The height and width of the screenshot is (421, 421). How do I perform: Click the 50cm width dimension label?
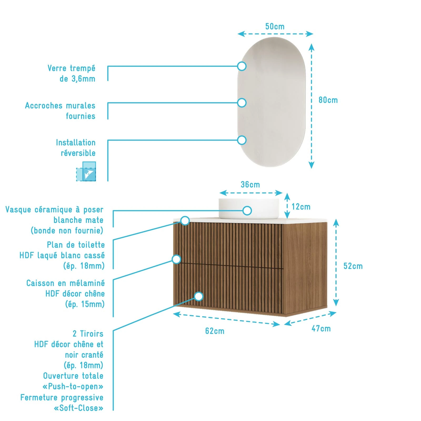(275, 26)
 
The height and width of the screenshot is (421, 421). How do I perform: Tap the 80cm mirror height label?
(328, 100)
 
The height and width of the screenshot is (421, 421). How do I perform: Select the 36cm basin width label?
(250, 184)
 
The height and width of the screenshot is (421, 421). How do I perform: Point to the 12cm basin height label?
(301, 207)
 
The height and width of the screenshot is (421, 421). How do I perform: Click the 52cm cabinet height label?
(353, 266)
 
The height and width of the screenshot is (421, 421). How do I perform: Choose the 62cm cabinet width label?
(215, 331)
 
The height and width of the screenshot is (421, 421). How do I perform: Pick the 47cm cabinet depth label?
(321, 328)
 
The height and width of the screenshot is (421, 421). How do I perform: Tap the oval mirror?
(272, 102)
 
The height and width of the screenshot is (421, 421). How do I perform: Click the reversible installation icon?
(86, 171)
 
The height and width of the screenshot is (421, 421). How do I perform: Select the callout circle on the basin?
(247, 210)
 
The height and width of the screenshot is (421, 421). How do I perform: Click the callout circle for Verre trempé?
(242, 66)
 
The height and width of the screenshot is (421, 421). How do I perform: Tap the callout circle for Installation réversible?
(242, 140)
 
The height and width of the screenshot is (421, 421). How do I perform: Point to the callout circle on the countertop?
(185, 220)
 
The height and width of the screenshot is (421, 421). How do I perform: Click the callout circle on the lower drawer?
(199, 296)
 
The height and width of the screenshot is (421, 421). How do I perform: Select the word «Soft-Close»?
(78, 408)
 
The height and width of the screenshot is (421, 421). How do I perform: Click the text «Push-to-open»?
(73, 386)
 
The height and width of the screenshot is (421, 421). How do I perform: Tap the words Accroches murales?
(60, 106)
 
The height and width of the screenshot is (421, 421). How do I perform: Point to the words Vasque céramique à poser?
(54, 209)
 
